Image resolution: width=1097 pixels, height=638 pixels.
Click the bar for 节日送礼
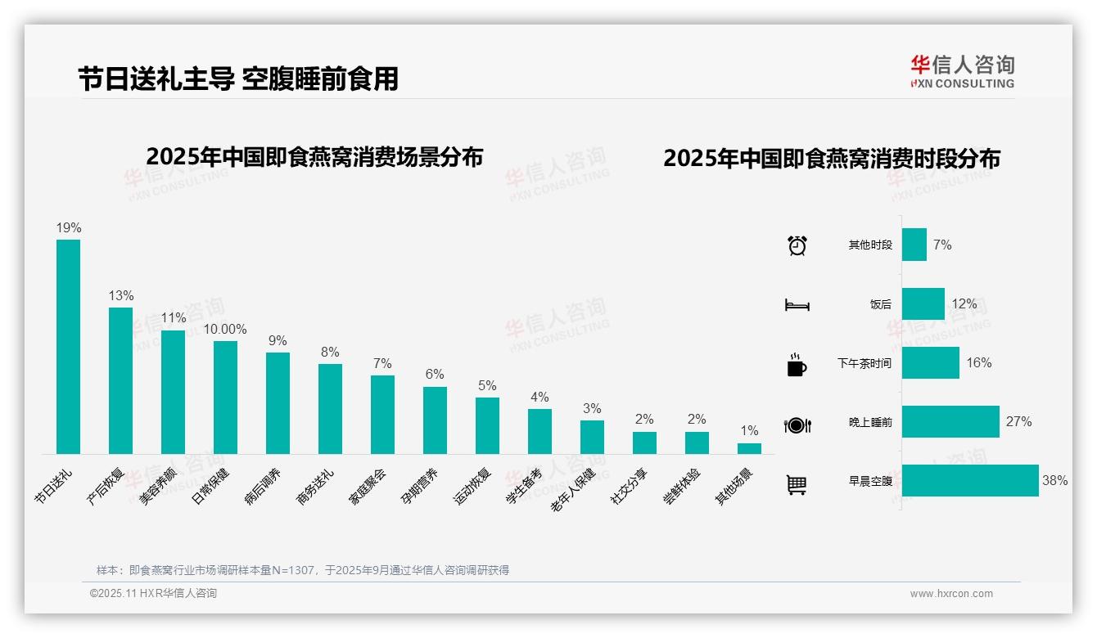(x=68, y=347)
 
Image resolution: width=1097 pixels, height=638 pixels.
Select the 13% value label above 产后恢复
(x=120, y=296)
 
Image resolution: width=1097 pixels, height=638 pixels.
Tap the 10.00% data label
(x=225, y=330)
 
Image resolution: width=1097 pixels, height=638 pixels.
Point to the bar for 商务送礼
(x=330, y=409)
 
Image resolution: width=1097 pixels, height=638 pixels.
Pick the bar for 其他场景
(x=749, y=448)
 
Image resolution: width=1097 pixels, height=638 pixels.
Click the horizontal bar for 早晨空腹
(x=970, y=481)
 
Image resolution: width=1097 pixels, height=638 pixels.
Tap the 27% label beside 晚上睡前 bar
(x=1018, y=422)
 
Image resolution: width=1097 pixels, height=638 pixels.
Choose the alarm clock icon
(x=797, y=245)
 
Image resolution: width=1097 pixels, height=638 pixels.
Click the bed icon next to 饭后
(x=797, y=305)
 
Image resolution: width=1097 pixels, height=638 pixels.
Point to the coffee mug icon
(x=797, y=365)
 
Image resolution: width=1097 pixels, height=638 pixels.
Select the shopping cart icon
(x=797, y=484)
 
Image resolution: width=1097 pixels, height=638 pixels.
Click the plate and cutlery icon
(x=797, y=425)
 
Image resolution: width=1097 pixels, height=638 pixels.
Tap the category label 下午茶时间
(x=865, y=363)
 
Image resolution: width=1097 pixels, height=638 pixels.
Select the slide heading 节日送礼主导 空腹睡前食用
(x=238, y=79)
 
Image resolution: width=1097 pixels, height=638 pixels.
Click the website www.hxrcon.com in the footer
(x=951, y=594)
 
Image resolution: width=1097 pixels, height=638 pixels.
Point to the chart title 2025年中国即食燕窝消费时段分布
(x=832, y=159)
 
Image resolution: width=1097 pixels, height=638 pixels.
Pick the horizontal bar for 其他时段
(x=914, y=245)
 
